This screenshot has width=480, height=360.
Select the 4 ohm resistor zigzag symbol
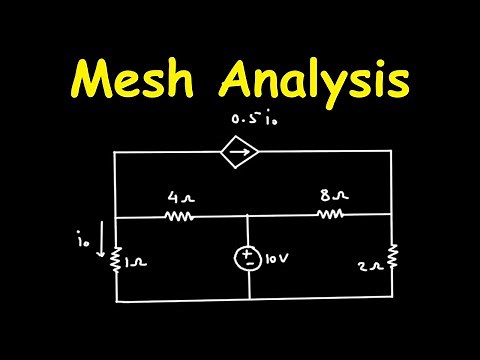(x=178, y=216)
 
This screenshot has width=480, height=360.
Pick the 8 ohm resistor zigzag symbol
(x=330, y=214)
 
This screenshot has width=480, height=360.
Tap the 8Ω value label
(x=329, y=196)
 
